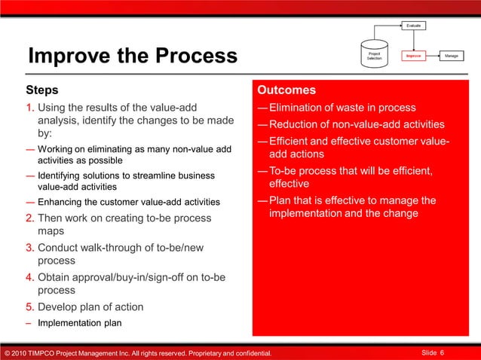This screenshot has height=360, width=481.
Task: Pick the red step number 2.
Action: pyautogui.click(x=30, y=218)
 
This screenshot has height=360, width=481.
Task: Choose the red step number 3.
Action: pyautogui.click(x=30, y=247)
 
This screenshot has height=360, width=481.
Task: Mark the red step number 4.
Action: pyautogui.click(x=30, y=277)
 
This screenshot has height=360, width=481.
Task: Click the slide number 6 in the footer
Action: pyautogui.click(x=442, y=352)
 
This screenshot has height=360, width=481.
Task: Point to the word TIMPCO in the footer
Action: pyautogui.click(x=47, y=352)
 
